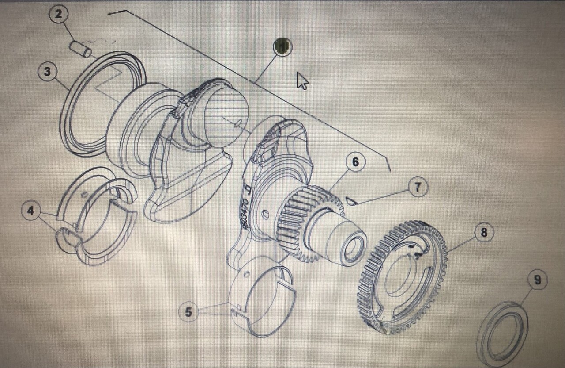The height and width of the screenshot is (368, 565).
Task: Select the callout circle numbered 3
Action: pos(47,71)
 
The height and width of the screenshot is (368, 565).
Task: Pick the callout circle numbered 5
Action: pos(188,312)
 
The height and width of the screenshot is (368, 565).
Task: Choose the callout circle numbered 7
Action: pos(418,188)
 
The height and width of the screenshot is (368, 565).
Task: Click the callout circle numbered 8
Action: pos(484,232)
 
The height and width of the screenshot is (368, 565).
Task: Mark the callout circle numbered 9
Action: pos(537,280)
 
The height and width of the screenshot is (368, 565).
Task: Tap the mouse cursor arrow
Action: pos(301,80)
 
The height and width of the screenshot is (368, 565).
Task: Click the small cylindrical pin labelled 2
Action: pos(81,49)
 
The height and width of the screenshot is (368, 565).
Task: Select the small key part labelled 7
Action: pos(351,201)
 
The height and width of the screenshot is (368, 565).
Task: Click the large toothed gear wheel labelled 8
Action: pos(402,276)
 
